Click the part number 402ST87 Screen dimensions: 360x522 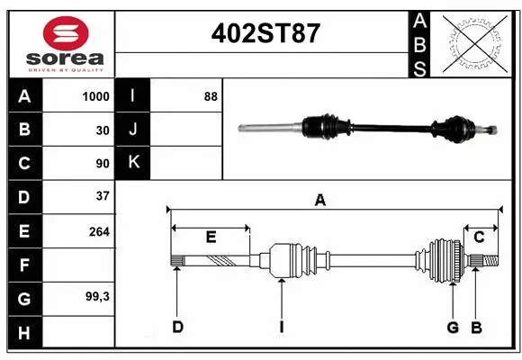[265, 33]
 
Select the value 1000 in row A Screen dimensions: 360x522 [95, 95]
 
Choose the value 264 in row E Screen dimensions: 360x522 [99, 231]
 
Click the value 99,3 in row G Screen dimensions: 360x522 [96, 296]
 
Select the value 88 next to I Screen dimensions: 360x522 [211, 95]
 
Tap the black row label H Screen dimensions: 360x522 [23, 332]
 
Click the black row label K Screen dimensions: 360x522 [133, 163]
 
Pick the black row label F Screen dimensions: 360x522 [23, 265]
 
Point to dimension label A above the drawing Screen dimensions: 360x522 [319, 201]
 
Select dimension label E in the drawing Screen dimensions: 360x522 [211, 238]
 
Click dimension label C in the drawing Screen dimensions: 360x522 [479, 237]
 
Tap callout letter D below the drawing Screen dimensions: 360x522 [177, 327]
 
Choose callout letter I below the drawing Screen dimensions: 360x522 [281, 327]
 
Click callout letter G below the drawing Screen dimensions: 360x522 [453, 327]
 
